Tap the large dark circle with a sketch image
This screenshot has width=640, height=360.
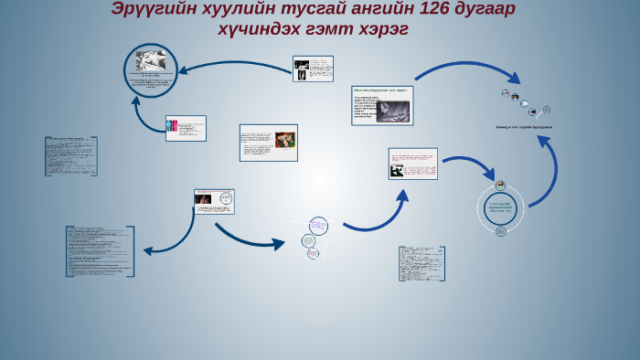(151, 70)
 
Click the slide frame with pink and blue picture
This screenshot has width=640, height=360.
(186, 128)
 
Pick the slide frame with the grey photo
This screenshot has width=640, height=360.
(383, 105)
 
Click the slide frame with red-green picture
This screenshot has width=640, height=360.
(268, 143)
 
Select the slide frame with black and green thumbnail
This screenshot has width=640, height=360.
(412, 164)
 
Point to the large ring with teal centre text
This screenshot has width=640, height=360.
(501, 207)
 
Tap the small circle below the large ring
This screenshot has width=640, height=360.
(501, 231)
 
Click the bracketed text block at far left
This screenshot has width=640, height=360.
(71, 155)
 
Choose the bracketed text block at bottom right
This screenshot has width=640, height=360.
(421, 263)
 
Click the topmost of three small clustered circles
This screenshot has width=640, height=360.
(318, 225)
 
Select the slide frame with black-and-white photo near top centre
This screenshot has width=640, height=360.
(313, 69)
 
